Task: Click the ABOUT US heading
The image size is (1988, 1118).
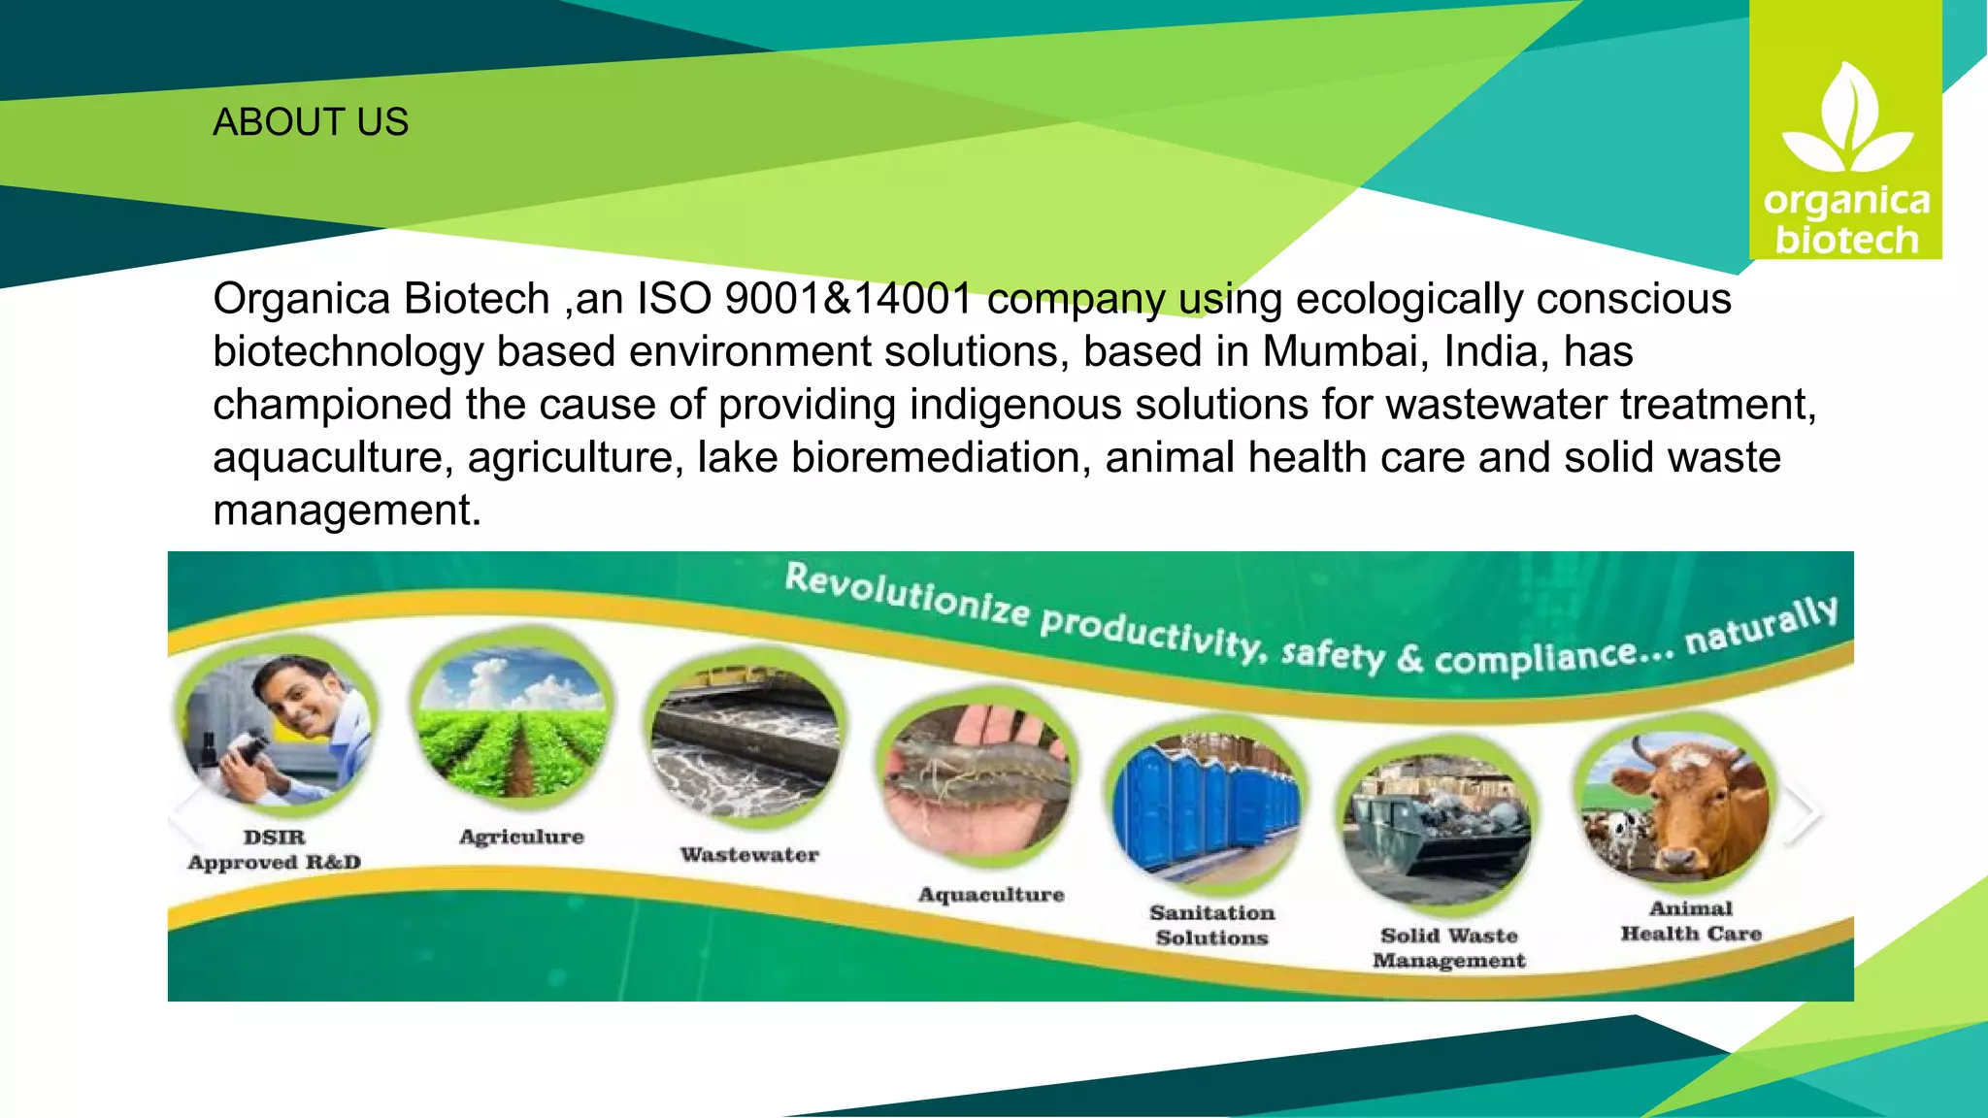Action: coord(311,122)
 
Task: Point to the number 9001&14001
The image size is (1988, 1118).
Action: coord(848,299)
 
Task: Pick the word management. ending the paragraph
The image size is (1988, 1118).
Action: coord(347,510)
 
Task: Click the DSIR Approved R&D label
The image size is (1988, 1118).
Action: coord(274,849)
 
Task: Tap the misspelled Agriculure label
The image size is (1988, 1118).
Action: coord(521,837)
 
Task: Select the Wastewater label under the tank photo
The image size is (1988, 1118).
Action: coord(749,855)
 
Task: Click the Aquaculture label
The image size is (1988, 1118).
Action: coord(991,894)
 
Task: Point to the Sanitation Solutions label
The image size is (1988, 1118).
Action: coord(1211,925)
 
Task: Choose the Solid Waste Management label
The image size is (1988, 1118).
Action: coord(1448,947)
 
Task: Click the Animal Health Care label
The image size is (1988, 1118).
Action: coord(1690,921)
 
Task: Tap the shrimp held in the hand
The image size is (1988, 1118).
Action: coord(976,772)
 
